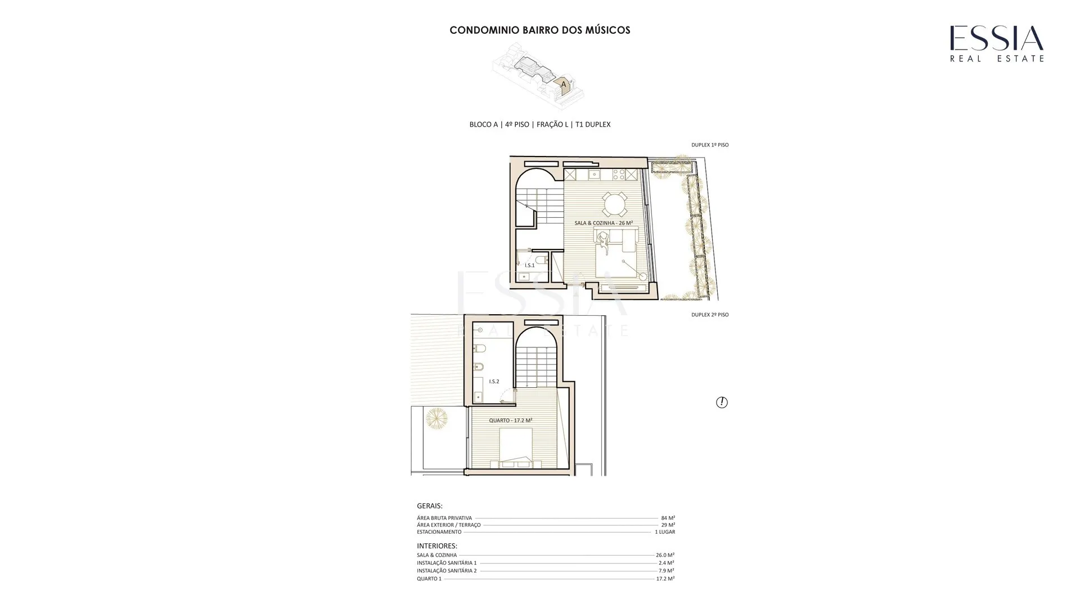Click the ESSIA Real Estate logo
point(997,43)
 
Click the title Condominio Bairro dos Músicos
point(540,30)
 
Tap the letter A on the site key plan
point(563,84)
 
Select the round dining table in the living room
point(615,204)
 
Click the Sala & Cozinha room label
point(604,223)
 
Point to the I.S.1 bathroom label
point(529,265)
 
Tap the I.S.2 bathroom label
point(494,382)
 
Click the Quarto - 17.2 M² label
point(511,421)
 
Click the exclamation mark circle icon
point(722,403)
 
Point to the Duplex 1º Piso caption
point(710,145)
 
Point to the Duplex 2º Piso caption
point(710,315)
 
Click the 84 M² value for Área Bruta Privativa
point(668,518)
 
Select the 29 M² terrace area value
point(668,525)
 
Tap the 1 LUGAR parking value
point(665,532)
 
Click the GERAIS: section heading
point(430,506)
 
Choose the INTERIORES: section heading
point(437,546)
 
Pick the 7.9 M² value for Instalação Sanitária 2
point(667,571)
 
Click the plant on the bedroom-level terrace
point(436,418)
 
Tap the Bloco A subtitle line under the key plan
point(540,124)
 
